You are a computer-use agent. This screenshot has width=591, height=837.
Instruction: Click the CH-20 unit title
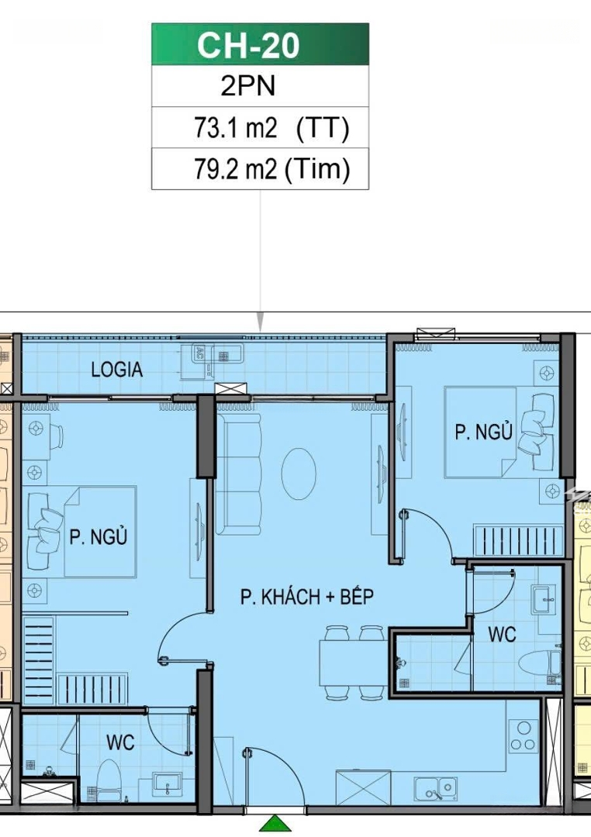pos(248,45)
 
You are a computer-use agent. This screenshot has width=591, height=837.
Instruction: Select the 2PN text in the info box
pos(248,86)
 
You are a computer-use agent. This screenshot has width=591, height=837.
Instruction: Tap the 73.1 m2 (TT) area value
pos(271,128)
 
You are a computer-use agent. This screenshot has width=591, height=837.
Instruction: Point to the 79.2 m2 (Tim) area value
pos(271,169)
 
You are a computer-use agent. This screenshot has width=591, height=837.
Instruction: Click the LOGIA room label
pos(116,370)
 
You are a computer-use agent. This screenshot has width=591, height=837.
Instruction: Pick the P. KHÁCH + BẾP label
pos(306,596)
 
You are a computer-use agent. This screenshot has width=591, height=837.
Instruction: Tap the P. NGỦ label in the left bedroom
pos(98,536)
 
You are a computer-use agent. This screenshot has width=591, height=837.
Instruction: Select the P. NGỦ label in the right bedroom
pos(483,432)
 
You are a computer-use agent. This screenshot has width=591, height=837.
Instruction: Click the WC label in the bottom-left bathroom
pos(120,742)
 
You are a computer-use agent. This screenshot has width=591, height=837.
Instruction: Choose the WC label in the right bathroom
pos(502,634)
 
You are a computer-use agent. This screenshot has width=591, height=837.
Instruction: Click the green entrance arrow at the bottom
pos(276,824)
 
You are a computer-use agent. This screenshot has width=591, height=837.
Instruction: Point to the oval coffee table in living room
pos(299,474)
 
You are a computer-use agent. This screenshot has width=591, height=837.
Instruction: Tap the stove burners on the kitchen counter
pos(524,736)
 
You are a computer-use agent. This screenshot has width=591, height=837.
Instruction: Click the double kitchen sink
pos(436,788)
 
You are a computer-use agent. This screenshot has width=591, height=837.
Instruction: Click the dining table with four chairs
pos(354,663)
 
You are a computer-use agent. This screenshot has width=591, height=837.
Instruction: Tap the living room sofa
pos(240,474)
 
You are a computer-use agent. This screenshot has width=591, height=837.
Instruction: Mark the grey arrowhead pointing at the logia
pos(261,322)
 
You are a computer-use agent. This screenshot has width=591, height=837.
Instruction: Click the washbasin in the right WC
pos(544,600)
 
